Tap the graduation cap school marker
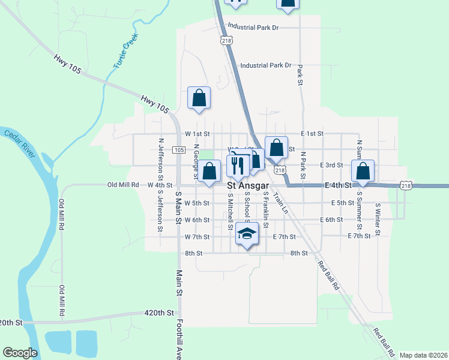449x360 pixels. (247, 233)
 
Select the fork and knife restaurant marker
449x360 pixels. (238, 167)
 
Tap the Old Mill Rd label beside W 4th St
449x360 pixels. (122, 185)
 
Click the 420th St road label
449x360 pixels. (158, 313)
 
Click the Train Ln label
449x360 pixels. (279, 203)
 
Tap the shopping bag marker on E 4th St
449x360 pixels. (363, 172)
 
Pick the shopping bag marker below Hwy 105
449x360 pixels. (199, 98)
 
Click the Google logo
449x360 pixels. (20, 353)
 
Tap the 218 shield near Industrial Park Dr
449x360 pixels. (226, 40)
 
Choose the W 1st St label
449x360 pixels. (197, 133)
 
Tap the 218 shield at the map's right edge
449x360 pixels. (406, 186)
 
